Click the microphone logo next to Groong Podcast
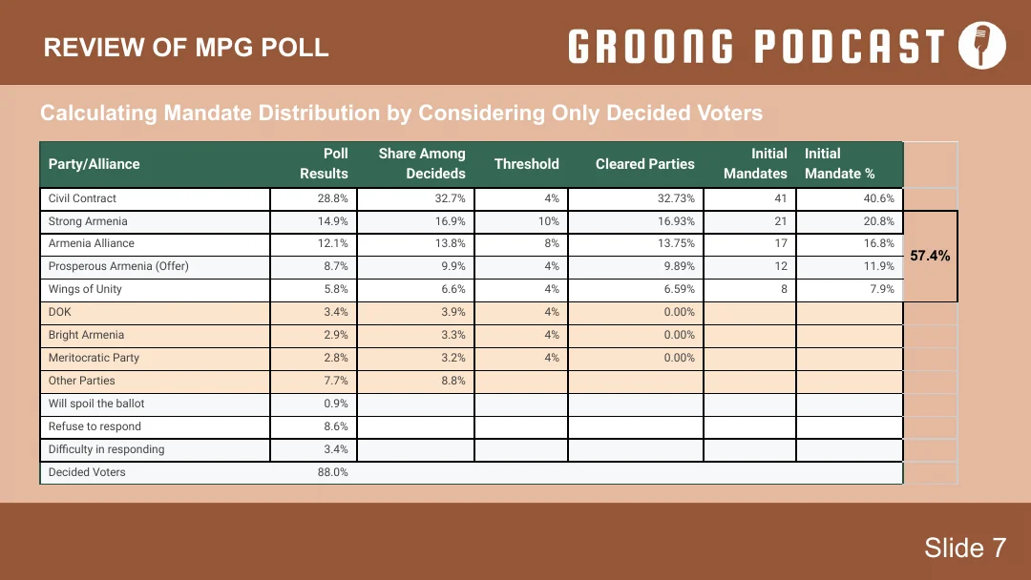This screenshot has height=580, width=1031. [x=981, y=46]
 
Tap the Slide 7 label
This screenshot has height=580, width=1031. [x=964, y=548]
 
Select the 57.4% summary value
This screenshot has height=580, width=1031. [x=930, y=256]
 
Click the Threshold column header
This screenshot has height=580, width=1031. [x=526, y=163]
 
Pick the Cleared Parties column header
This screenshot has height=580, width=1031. [x=645, y=163]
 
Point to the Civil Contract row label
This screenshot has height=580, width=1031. [x=82, y=198]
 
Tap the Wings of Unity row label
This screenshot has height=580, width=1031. [x=85, y=289]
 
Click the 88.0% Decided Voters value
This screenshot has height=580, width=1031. [x=333, y=471]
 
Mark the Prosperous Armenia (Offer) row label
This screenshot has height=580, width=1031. [x=118, y=266]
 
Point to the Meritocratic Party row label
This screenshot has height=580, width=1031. [x=94, y=358]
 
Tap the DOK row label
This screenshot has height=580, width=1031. [x=60, y=312]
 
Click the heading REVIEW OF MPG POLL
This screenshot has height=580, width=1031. [x=186, y=48]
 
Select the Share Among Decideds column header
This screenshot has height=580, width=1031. [x=422, y=163]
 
